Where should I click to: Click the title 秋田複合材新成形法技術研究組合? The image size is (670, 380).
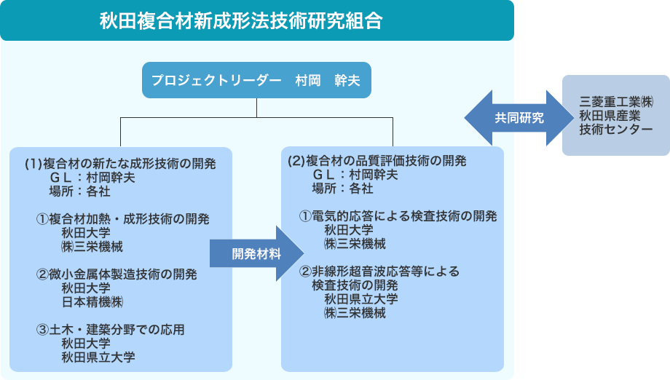click(x=240, y=20)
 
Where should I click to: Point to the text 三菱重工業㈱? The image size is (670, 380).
click(x=616, y=101)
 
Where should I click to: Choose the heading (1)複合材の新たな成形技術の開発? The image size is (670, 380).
click(x=120, y=162)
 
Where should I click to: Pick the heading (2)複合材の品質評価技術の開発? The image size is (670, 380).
click(x=377, y=161)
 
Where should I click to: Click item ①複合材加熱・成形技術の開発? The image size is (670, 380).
click(x=123, y=219)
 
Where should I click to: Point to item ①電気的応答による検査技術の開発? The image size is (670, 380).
click(x=398, y=216)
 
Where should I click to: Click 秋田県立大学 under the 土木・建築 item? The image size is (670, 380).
click(x=98, y=357)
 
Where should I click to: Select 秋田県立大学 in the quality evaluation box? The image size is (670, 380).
click(x=361, y=299)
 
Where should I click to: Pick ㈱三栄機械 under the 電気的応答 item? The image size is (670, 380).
click(x=355, y=244)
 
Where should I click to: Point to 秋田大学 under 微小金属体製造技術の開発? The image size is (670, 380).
click(x=86, y=288)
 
